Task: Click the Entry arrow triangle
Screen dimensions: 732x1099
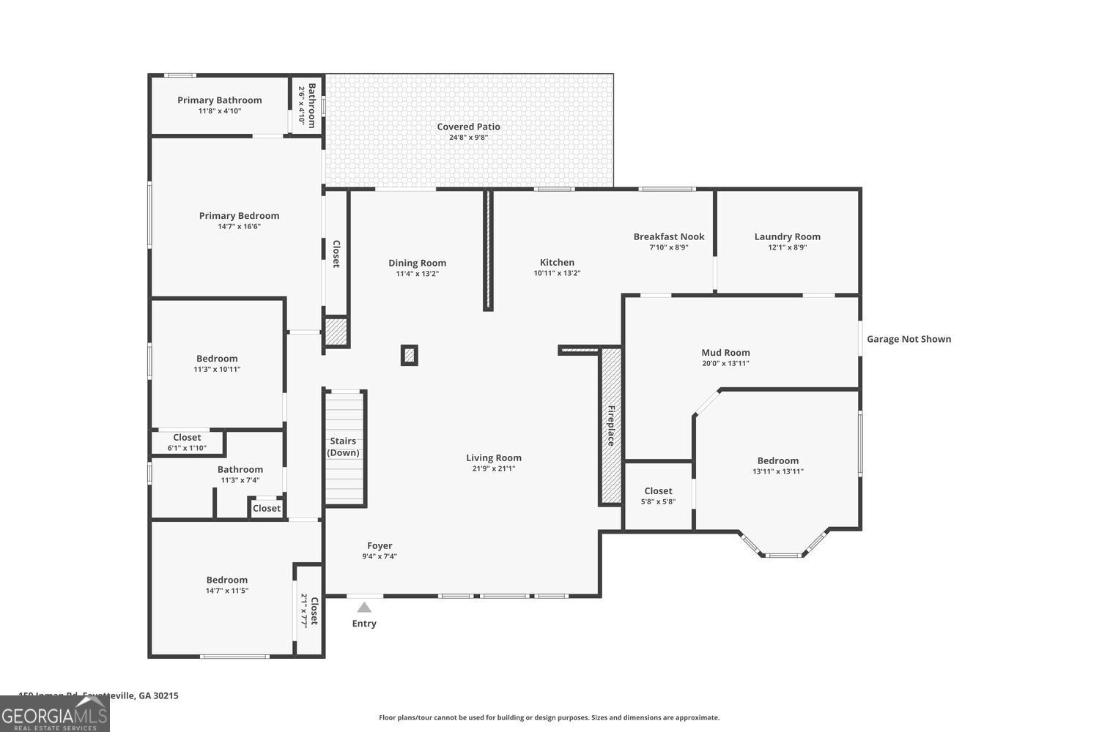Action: [x=364, y=607]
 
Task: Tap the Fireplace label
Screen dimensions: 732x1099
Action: [x=610, y=426]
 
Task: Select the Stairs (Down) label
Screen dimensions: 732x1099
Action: [x=343, y=447]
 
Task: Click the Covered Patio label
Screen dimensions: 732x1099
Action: [x=468, y=127]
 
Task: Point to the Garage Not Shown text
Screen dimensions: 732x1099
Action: [x=909, y=339]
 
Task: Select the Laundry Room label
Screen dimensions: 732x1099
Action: [x=787, y=236]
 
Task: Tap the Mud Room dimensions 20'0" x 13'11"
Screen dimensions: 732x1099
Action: [x=725, y=364]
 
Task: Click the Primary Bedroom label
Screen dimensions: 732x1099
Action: [x=239, y=216]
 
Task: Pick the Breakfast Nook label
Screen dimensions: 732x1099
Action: [x=668, y=236]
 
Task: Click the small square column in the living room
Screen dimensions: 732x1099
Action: [x=410, y=356]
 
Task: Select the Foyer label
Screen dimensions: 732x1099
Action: [x=380, y=545]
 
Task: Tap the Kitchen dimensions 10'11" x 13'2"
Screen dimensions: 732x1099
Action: [x=557, y=274]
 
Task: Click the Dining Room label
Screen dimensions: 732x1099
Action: [x=417, y=263]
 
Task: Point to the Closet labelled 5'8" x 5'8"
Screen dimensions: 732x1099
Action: [x=658, y=491]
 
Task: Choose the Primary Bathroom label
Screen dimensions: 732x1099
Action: [x=219, y=100]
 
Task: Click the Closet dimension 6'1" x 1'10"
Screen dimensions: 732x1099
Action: [x=187, y=448]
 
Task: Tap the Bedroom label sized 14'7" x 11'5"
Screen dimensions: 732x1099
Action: [x=226, y=580]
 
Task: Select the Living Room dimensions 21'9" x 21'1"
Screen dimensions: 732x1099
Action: [x=494, y=468]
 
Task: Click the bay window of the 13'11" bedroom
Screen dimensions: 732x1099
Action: [x=782, y=554]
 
